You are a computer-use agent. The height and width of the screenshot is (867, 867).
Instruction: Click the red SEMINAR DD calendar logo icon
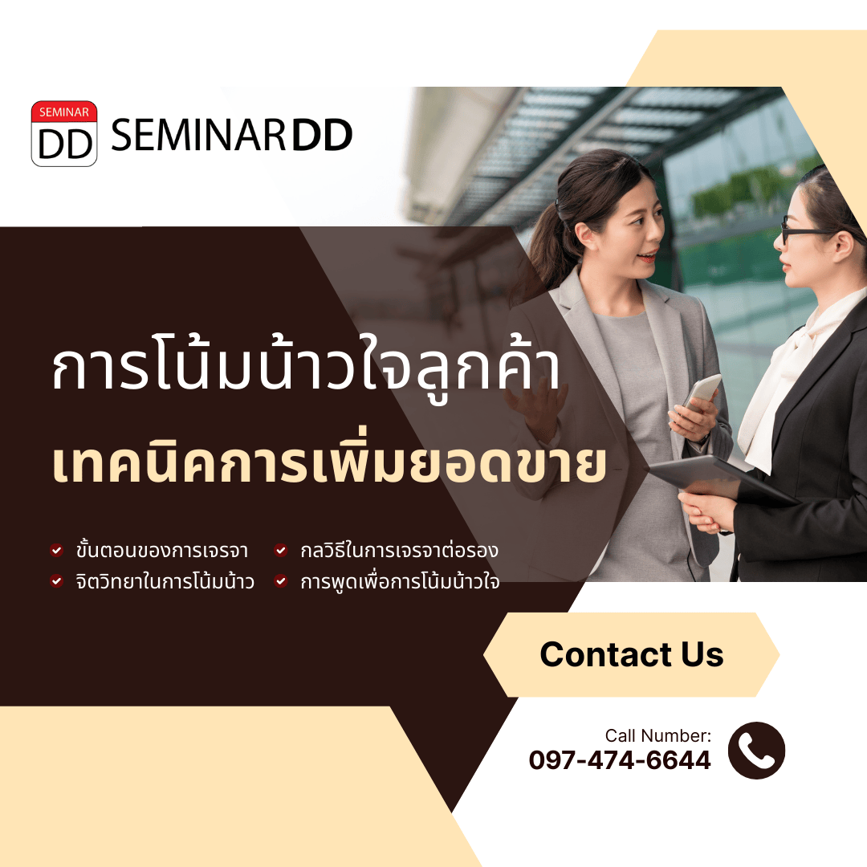tap(64, 134)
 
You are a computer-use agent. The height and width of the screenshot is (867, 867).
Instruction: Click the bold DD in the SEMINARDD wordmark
tap(322, 135)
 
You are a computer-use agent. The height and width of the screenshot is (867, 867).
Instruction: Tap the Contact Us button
tap(632, 655)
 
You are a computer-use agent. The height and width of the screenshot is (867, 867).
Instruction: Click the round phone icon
tap(756, 751)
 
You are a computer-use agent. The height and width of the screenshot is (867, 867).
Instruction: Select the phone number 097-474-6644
tap(620, 760)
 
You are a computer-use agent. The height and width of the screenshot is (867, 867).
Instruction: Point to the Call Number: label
tap(658, 735)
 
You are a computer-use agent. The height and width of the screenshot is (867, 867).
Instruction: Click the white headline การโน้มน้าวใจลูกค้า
tap(307, 368)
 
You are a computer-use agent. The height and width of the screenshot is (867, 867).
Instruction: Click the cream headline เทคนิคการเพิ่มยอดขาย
tap(330, 463)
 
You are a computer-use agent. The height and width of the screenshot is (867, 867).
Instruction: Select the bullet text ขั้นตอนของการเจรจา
tap(162, 550)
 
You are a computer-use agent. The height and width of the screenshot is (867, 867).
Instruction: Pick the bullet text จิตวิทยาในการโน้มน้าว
tap(165, 581)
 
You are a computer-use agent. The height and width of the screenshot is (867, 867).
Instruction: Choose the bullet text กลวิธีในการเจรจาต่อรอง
tap(399, 550)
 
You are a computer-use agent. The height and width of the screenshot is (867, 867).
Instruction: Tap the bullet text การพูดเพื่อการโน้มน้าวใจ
tap(400, 581)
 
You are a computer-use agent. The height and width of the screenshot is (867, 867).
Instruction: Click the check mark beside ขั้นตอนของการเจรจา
tap(56, 550)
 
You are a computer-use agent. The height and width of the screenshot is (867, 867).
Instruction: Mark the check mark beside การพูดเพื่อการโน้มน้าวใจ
tap(281, 581)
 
